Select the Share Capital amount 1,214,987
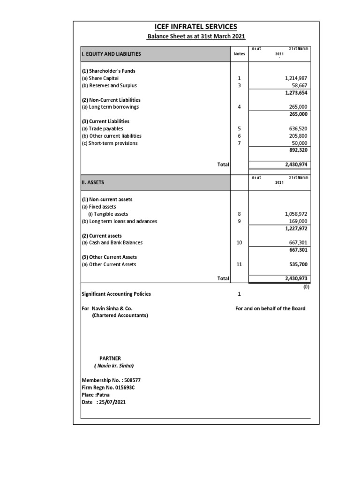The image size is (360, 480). (x=295, y=78)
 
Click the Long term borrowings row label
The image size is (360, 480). (x=110, y=107)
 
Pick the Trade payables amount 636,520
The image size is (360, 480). (x=298, y=128)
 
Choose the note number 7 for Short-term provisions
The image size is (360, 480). (x=239, y=143)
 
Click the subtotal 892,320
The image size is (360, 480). (x=298, y=150)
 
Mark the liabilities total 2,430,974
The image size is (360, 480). (x=295, y=165)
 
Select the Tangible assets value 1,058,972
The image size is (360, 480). (x=295, y=214)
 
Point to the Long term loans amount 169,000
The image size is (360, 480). (x=298, y=221)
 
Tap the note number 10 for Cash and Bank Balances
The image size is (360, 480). (x=239, y=243)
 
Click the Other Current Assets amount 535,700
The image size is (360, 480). (x=298, y=264)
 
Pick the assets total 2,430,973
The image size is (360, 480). (x=295, y=278)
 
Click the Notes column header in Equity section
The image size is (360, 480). (x=239, y=54)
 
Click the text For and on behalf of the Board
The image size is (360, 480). (x=270, y=308)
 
